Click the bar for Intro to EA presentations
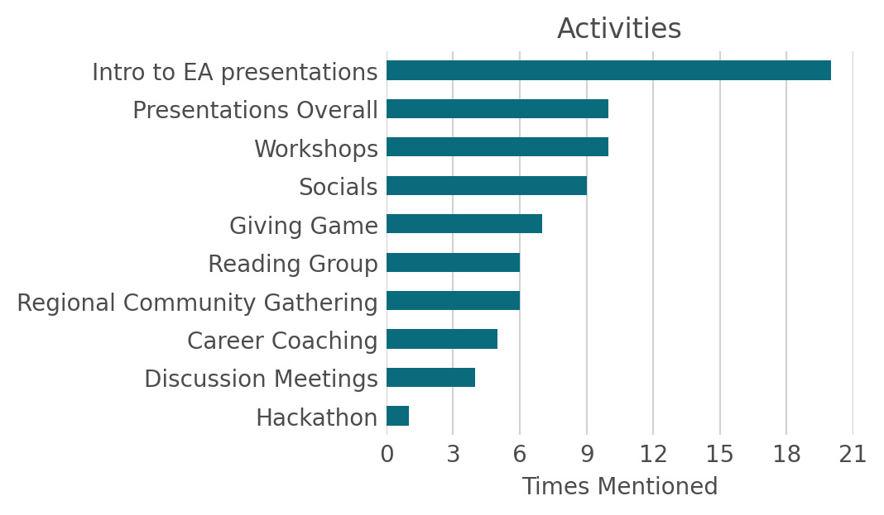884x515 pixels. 608,70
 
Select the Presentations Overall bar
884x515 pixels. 497,109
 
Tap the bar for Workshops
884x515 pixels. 497,147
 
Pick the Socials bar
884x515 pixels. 487,185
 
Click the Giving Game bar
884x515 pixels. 464,224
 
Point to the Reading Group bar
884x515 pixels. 453,262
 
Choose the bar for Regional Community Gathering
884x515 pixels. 453,301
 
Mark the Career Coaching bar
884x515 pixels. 442,339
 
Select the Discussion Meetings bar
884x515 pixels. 430,378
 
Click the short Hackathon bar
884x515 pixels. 397,416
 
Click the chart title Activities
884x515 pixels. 619,29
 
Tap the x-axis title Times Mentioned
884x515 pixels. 619,487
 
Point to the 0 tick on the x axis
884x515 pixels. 387,455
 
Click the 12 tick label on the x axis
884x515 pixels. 653,455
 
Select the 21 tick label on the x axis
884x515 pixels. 853,455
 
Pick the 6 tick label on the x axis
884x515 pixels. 520,455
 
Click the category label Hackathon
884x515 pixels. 316,417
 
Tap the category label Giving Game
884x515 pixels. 303,226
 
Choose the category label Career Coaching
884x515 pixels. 282,341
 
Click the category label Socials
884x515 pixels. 338,187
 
